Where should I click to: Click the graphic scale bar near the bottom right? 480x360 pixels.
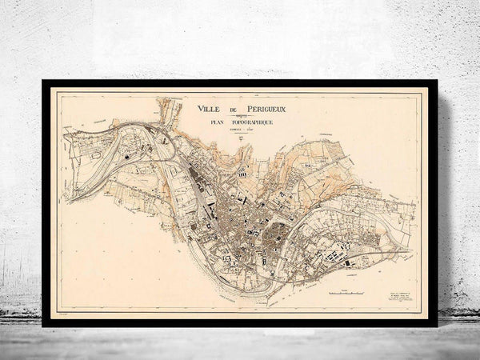coord(347,294)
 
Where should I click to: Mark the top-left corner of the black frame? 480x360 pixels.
coord(43,81)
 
